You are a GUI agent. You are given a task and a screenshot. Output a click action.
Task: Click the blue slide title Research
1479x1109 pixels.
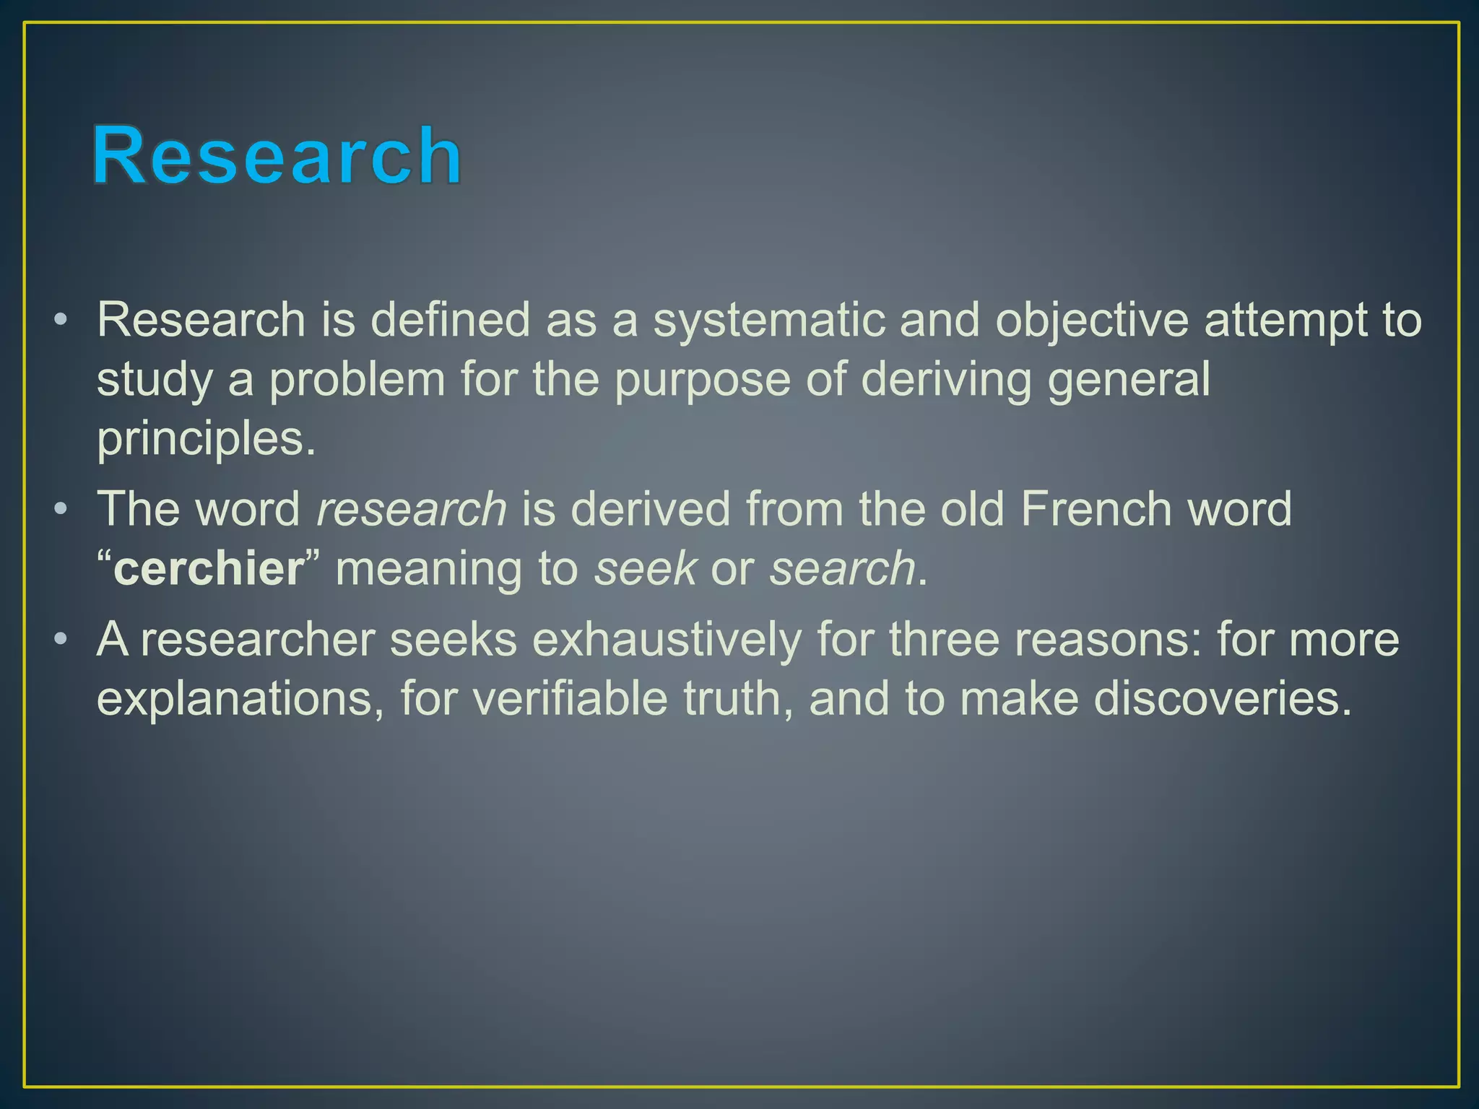point(277,155)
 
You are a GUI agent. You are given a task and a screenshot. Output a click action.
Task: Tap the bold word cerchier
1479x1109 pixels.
point(209,568)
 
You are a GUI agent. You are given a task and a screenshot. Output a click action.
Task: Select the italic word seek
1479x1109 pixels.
point(645,568)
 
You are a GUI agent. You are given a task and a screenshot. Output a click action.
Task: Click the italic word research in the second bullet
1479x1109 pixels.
point(412,509)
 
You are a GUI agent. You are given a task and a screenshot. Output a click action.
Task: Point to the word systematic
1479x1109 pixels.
point(768,320)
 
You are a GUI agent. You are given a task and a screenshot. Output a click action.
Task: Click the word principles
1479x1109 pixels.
point(207,438)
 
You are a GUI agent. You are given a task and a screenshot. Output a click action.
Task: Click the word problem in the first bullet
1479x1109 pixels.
point(357,379)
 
